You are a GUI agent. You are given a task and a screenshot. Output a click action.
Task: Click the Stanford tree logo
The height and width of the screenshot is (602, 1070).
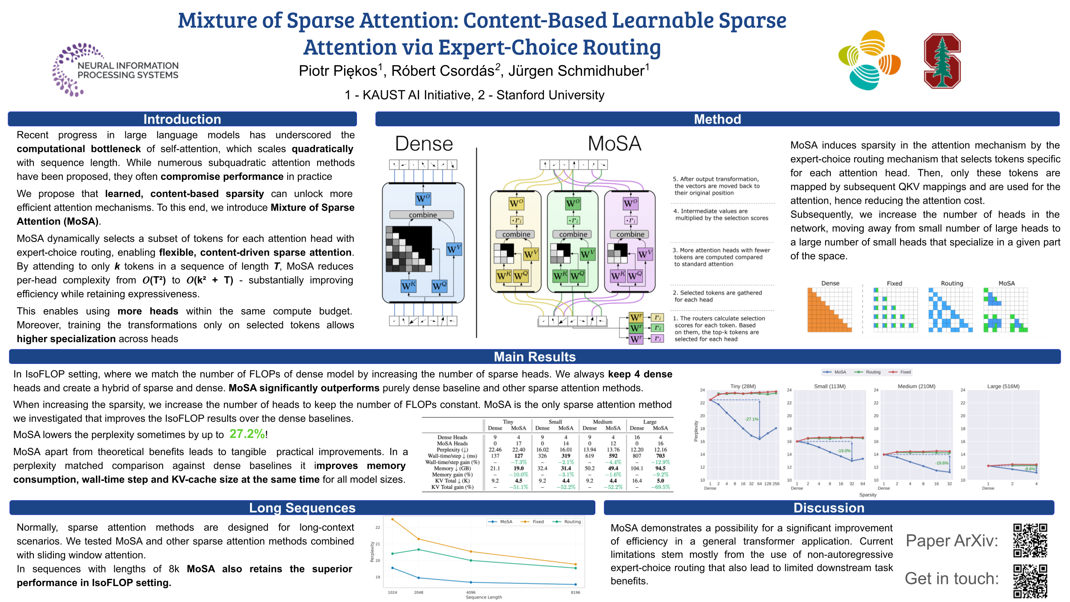(942, 61)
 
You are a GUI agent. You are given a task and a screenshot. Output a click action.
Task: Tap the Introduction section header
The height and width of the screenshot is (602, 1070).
(182, 119)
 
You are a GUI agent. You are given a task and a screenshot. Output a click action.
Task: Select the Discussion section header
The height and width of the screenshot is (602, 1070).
(829, 508)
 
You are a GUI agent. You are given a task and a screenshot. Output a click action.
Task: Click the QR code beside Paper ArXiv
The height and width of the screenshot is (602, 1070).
(1030, 540)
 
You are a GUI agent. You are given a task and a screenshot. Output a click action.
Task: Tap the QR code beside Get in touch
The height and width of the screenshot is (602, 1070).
(1030, 581)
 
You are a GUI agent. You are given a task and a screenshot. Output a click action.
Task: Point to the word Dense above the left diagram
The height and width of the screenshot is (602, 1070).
(424, 144)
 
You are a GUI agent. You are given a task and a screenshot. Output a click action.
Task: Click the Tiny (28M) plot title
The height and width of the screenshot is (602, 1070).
(743, 386)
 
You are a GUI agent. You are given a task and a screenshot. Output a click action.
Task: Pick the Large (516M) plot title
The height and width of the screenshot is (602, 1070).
(1003, 386)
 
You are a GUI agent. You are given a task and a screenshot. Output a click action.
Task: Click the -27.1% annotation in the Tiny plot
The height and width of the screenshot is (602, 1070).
(751, 419)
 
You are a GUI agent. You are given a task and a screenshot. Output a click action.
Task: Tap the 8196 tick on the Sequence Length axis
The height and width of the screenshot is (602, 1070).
(575, 593)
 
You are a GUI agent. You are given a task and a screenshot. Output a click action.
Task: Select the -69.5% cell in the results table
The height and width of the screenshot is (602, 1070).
(660, 487)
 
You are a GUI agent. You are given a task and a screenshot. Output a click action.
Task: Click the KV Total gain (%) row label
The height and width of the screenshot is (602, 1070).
(452, 487)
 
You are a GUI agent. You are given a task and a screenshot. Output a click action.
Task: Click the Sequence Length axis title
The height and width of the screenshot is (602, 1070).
(484, 597)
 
